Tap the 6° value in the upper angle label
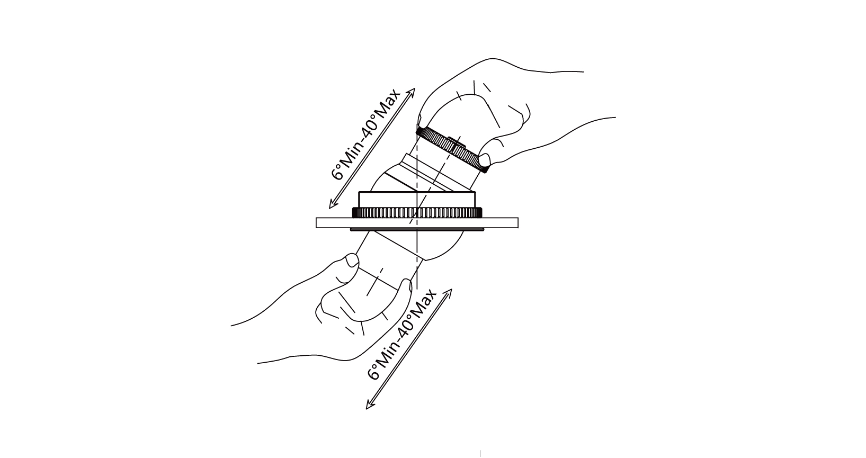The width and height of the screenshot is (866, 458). pos(337,174)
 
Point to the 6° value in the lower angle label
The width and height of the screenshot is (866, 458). pos(373,373)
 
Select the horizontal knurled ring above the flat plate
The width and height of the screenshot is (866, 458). pos(417,213)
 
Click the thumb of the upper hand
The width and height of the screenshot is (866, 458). pos(484,159)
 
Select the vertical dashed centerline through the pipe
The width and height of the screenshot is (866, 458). pos(417,249)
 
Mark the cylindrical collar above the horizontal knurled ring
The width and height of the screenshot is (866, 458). pos(417,199)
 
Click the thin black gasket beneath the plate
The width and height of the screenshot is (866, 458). pos(417,230)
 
